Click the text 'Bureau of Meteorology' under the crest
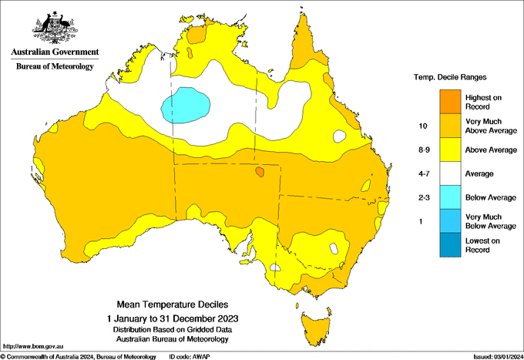[54, 67]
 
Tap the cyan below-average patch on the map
[186, 103]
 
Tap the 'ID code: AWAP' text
[200, 356]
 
